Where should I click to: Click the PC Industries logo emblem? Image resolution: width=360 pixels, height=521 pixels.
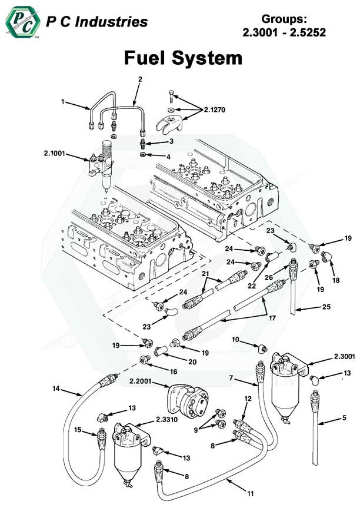tap(22, 23)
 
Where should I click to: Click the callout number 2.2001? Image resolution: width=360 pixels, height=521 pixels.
tap(142, 381)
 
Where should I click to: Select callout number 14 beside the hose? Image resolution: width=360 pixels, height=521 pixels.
tap(56, 389)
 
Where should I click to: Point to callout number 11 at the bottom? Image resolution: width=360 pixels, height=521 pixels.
tap(250, 492)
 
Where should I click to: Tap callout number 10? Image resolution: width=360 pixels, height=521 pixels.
tap(235, 340)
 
